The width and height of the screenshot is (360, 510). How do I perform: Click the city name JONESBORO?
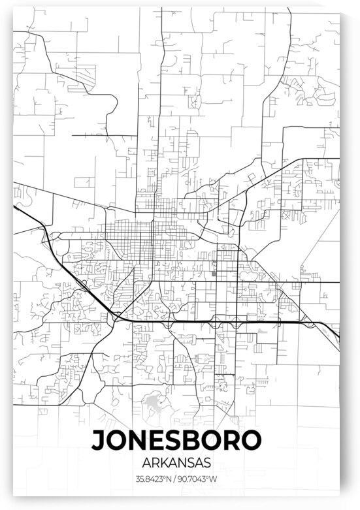point(178,439)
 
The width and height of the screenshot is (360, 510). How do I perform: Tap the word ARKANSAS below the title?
point(178,462)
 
